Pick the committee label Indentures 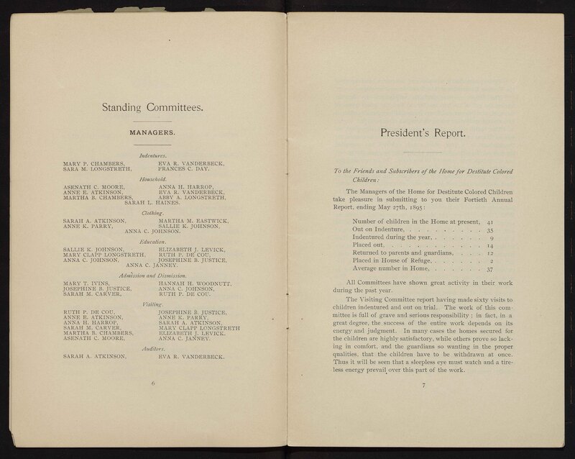coord(153,154)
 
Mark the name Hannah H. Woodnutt coord(195,283)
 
